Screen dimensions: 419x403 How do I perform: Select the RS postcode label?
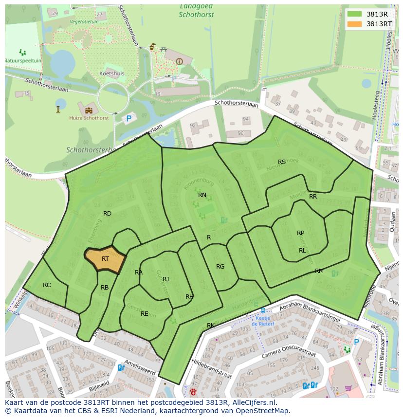(x=282, y=162)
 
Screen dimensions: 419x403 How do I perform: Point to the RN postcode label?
(x=202, y=195)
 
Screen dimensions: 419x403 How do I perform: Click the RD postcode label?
(x=107, y=214)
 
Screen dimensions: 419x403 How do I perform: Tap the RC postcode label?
(x=47, y=285)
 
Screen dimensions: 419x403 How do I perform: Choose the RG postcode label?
(x=220, y=267)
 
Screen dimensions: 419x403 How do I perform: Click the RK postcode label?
(x=211, y=326)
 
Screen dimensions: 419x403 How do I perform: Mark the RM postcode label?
(x=319, y=271)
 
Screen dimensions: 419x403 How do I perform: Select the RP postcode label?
(x=300, y=233)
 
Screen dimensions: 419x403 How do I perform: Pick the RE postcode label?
(x=144, y=314)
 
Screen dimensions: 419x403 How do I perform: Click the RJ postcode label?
(x=165, y=279)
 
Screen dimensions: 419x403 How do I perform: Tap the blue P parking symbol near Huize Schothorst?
(x=129, y=118)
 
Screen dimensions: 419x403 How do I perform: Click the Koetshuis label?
(x=112, y=74)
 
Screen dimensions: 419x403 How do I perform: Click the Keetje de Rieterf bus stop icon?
(x=263, y=310)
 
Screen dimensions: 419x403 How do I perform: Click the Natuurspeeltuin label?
(x=22, y=60)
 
